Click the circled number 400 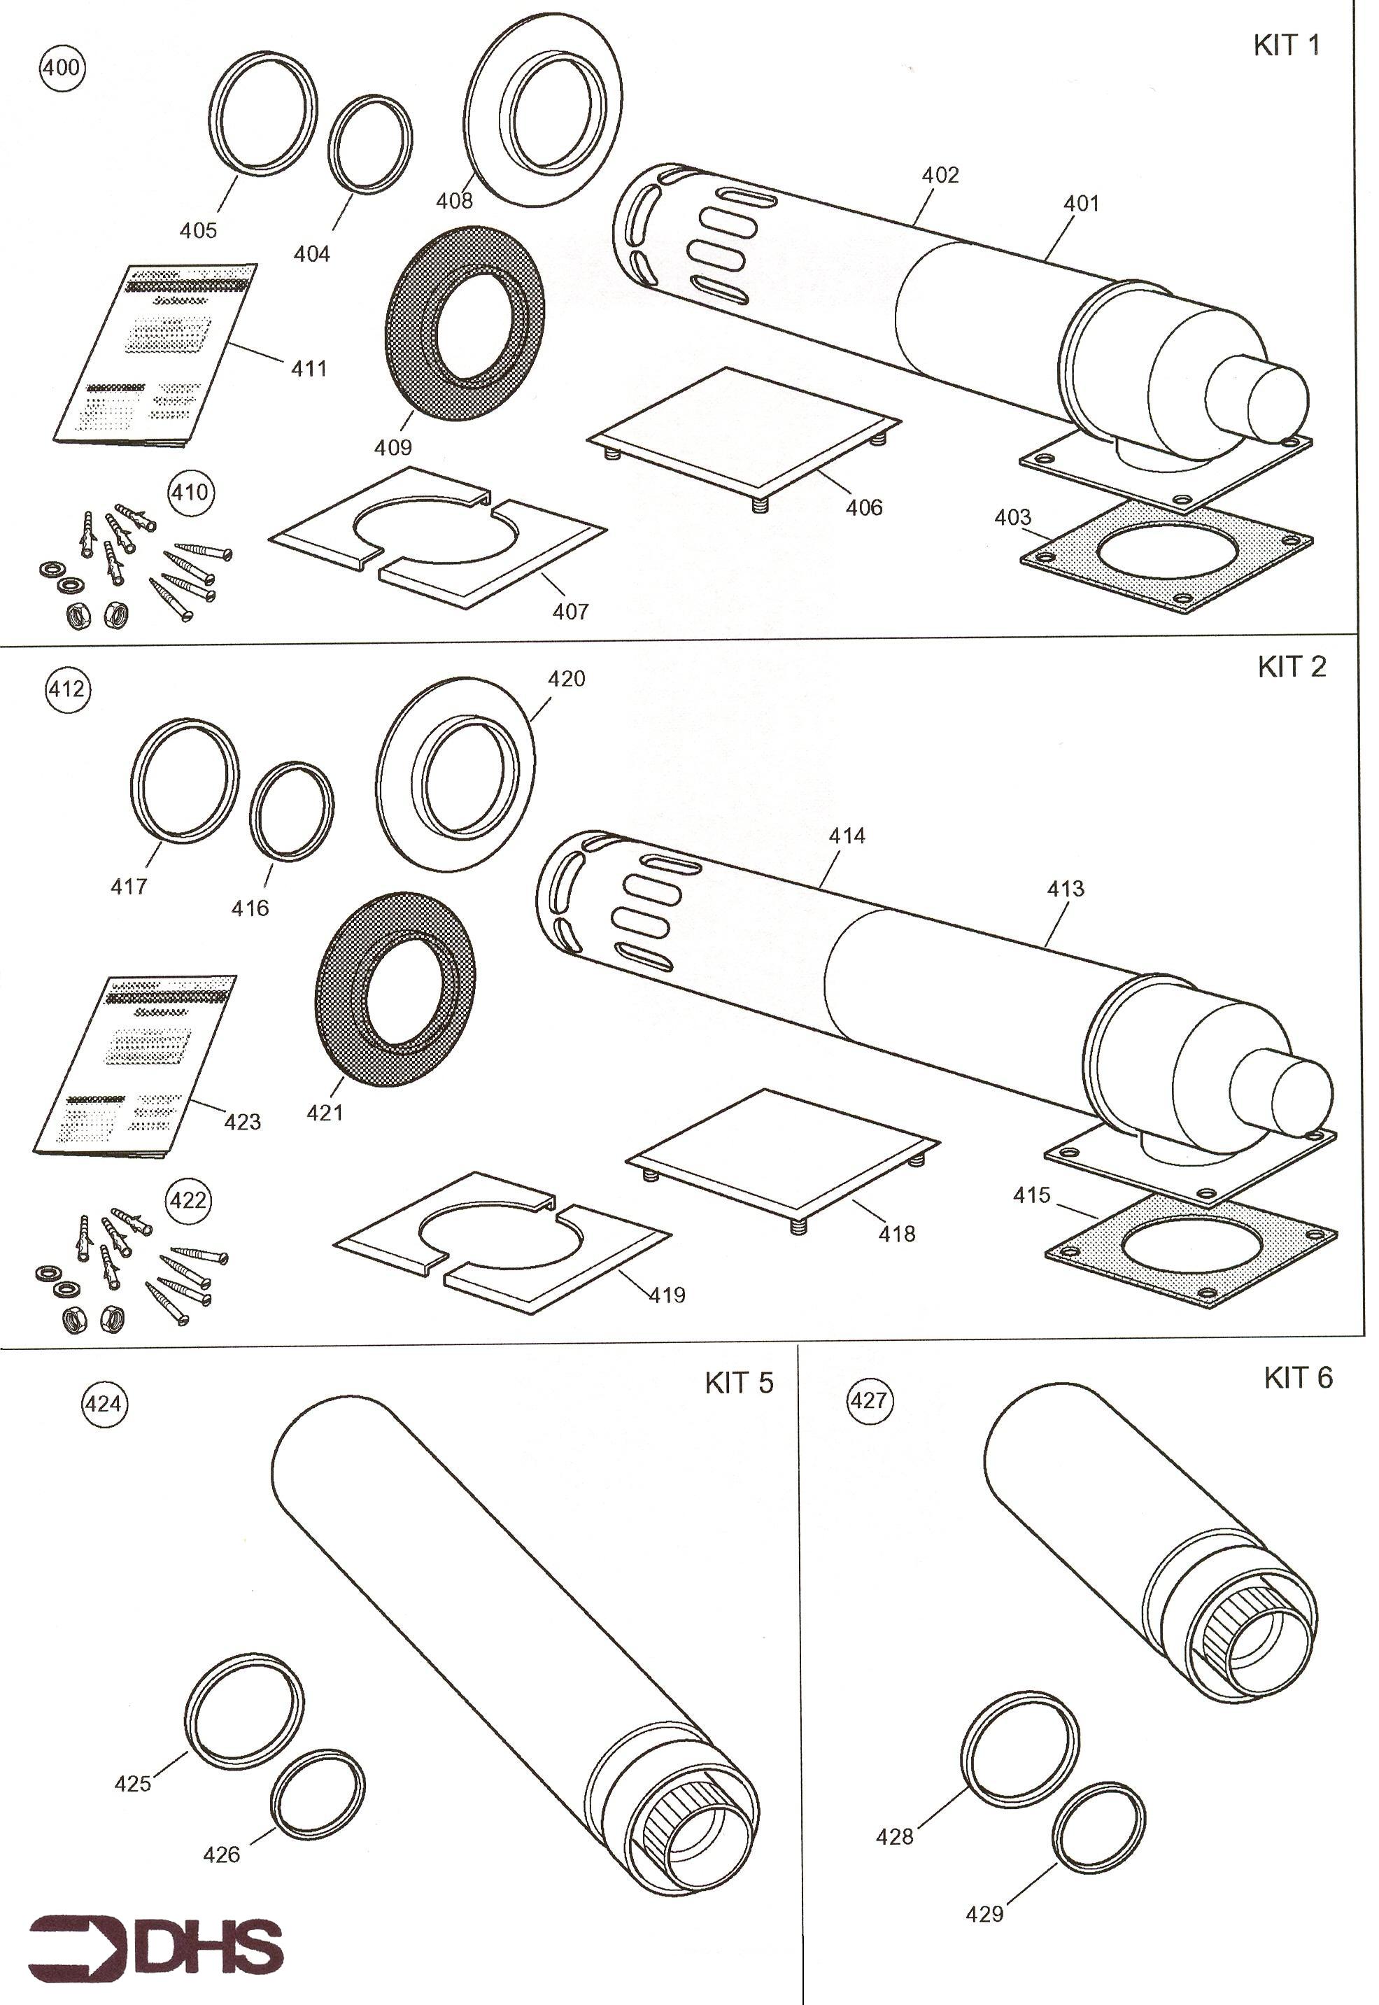click(62, 67)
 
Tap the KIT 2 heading click(1291, 667)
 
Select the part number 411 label click(309, 369)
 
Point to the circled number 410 click(190, 493)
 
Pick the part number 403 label click(1012, 518)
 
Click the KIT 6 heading click(1298, 1377)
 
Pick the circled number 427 click(869, 1400)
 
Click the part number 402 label click(940, 176)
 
